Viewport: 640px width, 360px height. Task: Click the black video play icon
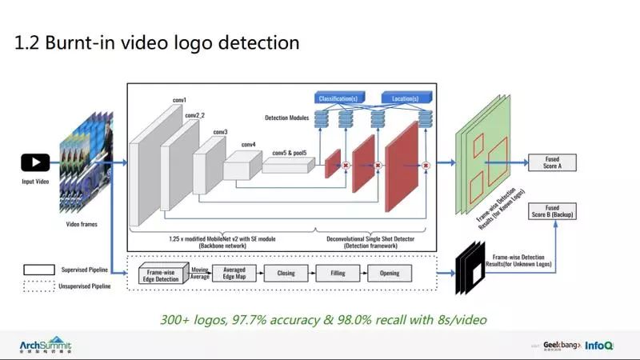(34, 163)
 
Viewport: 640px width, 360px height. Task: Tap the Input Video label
(34, 182)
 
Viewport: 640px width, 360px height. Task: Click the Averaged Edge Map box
(234, 272)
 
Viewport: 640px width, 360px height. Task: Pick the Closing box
(286, 272)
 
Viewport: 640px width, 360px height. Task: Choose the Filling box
(337, 272)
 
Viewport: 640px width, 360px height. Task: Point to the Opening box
(389, 272)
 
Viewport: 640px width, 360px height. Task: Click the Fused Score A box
(552, 162)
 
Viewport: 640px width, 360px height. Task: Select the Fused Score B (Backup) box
(552, 212)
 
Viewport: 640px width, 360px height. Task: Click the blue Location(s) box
(406, 98)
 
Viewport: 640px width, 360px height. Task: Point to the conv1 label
(179, 100)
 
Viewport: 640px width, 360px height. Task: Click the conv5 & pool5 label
(290, 152)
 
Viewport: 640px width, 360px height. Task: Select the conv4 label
(249, 145)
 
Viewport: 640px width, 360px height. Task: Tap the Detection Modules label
(287, 118)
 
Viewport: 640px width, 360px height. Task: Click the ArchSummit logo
(46, 345)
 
